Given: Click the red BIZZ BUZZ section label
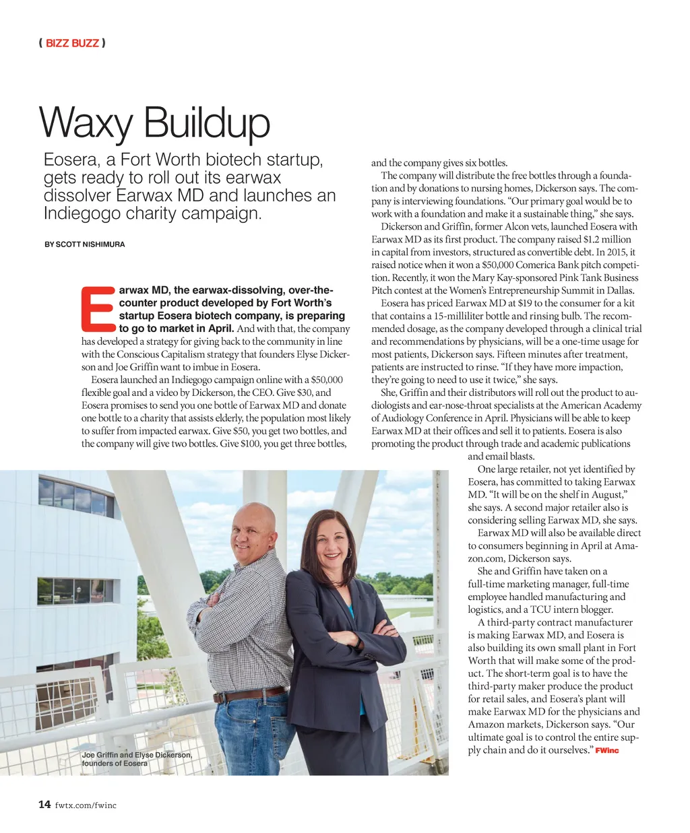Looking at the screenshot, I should pos(72,43).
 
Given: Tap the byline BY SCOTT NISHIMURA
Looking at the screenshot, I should pos(85,244).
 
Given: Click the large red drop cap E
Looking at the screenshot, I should pos(98,310).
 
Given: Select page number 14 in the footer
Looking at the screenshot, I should pos(44,804).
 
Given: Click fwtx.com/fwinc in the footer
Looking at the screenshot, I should pos(86,805).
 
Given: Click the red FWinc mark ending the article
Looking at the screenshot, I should pos(607,750).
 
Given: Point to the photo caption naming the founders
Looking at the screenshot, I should pos(137,759).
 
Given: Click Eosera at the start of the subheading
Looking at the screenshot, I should pos(70,160).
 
